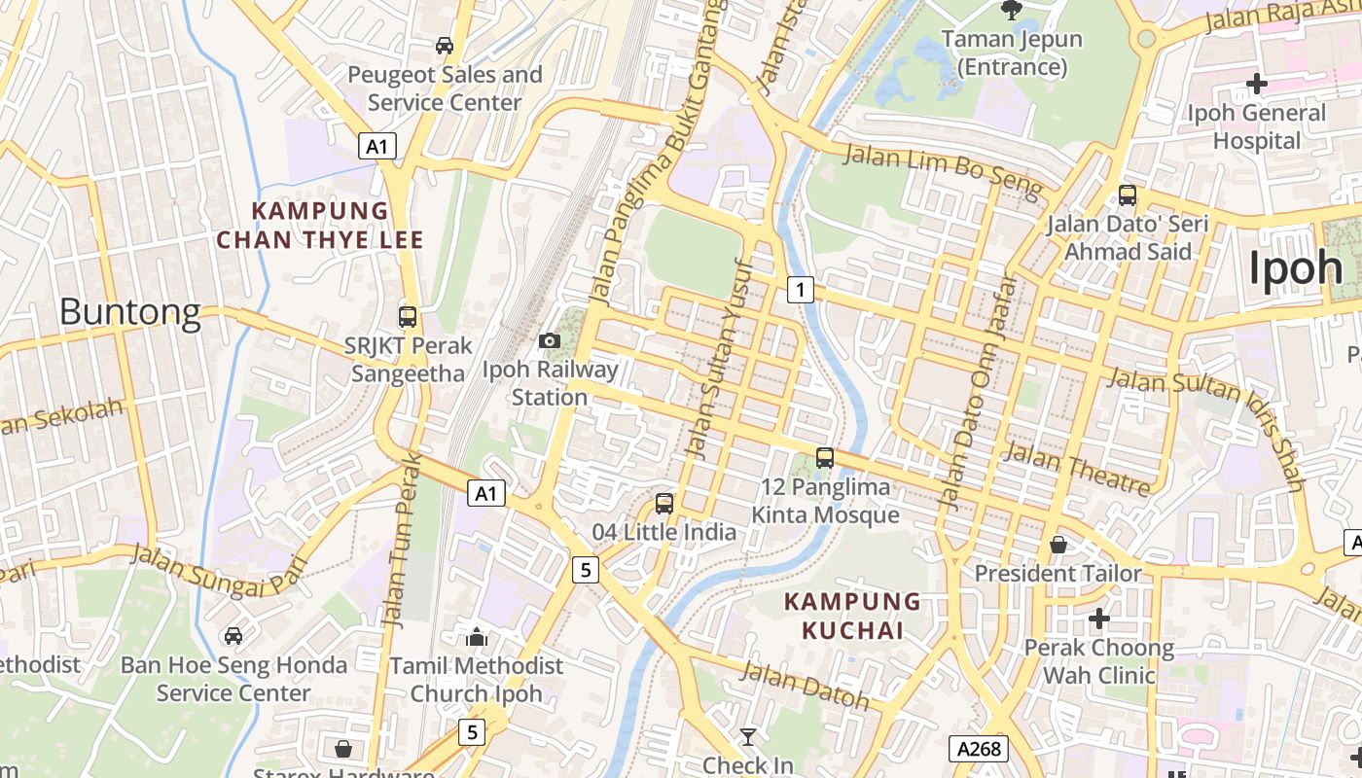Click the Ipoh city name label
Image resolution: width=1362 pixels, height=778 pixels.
click(x=1295, y=267)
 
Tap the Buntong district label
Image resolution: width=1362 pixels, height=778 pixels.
click(x=129, y=312)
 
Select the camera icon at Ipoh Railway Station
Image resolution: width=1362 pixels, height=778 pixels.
click(x=550, y=340)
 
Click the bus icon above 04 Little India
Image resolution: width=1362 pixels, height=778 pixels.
click(x=664, y=503)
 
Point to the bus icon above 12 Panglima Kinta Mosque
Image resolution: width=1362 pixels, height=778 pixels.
click(x=825, y=457)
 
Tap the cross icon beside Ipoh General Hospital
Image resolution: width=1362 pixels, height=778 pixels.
click(x=1257, y=84)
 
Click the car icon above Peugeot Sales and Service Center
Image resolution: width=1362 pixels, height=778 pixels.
click(x=445, y=46)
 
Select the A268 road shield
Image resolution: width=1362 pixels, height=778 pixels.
click(x=978, y=749)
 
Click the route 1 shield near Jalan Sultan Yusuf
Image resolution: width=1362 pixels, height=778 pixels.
click(x=801, y=289)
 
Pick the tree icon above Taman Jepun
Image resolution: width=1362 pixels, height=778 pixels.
click(x=1012, y=11)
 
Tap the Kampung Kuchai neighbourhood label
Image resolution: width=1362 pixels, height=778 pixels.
click(x=852, y=617)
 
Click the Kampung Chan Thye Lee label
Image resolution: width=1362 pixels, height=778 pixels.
click(x=320, y=225)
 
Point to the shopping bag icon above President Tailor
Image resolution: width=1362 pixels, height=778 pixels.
click(x=1058, y=545)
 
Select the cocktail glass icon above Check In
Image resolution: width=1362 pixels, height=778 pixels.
click(x=747, y=737)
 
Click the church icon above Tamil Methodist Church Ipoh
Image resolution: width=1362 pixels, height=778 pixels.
click(x=477, y=637)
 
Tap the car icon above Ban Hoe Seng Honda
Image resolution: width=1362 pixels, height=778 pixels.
click(x=233, y=636)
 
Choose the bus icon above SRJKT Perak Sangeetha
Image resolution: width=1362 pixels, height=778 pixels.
click(x=408, y=316)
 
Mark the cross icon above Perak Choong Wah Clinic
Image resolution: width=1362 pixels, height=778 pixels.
click(x=1099, y=619)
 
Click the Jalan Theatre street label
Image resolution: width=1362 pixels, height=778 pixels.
click(x=1077, y=467)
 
